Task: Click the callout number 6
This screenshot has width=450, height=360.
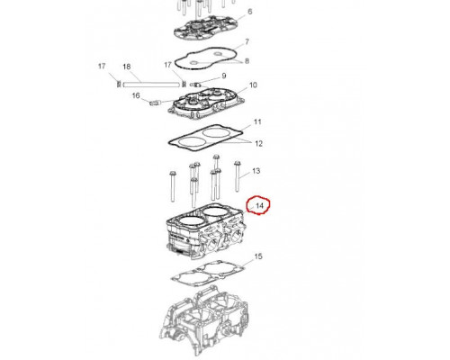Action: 250,12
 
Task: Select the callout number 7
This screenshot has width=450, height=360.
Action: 247,41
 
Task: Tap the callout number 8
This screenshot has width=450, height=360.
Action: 247,61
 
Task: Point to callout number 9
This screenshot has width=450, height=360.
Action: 224,76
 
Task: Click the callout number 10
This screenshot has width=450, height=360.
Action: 253,85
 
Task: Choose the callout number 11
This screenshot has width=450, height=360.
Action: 257,121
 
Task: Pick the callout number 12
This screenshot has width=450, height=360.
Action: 258,144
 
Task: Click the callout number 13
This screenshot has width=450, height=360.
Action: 256,171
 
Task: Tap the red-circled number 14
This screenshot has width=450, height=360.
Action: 259,206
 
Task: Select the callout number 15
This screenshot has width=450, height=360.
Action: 258,256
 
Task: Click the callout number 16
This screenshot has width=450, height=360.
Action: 136,95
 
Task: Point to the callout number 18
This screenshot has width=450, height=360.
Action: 127,67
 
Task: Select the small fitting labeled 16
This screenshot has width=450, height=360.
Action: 156,103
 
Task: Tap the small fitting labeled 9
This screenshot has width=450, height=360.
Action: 195,85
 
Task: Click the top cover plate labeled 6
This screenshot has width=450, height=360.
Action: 206,29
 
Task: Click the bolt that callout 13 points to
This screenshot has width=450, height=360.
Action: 238,176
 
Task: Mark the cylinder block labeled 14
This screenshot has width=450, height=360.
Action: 206,232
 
